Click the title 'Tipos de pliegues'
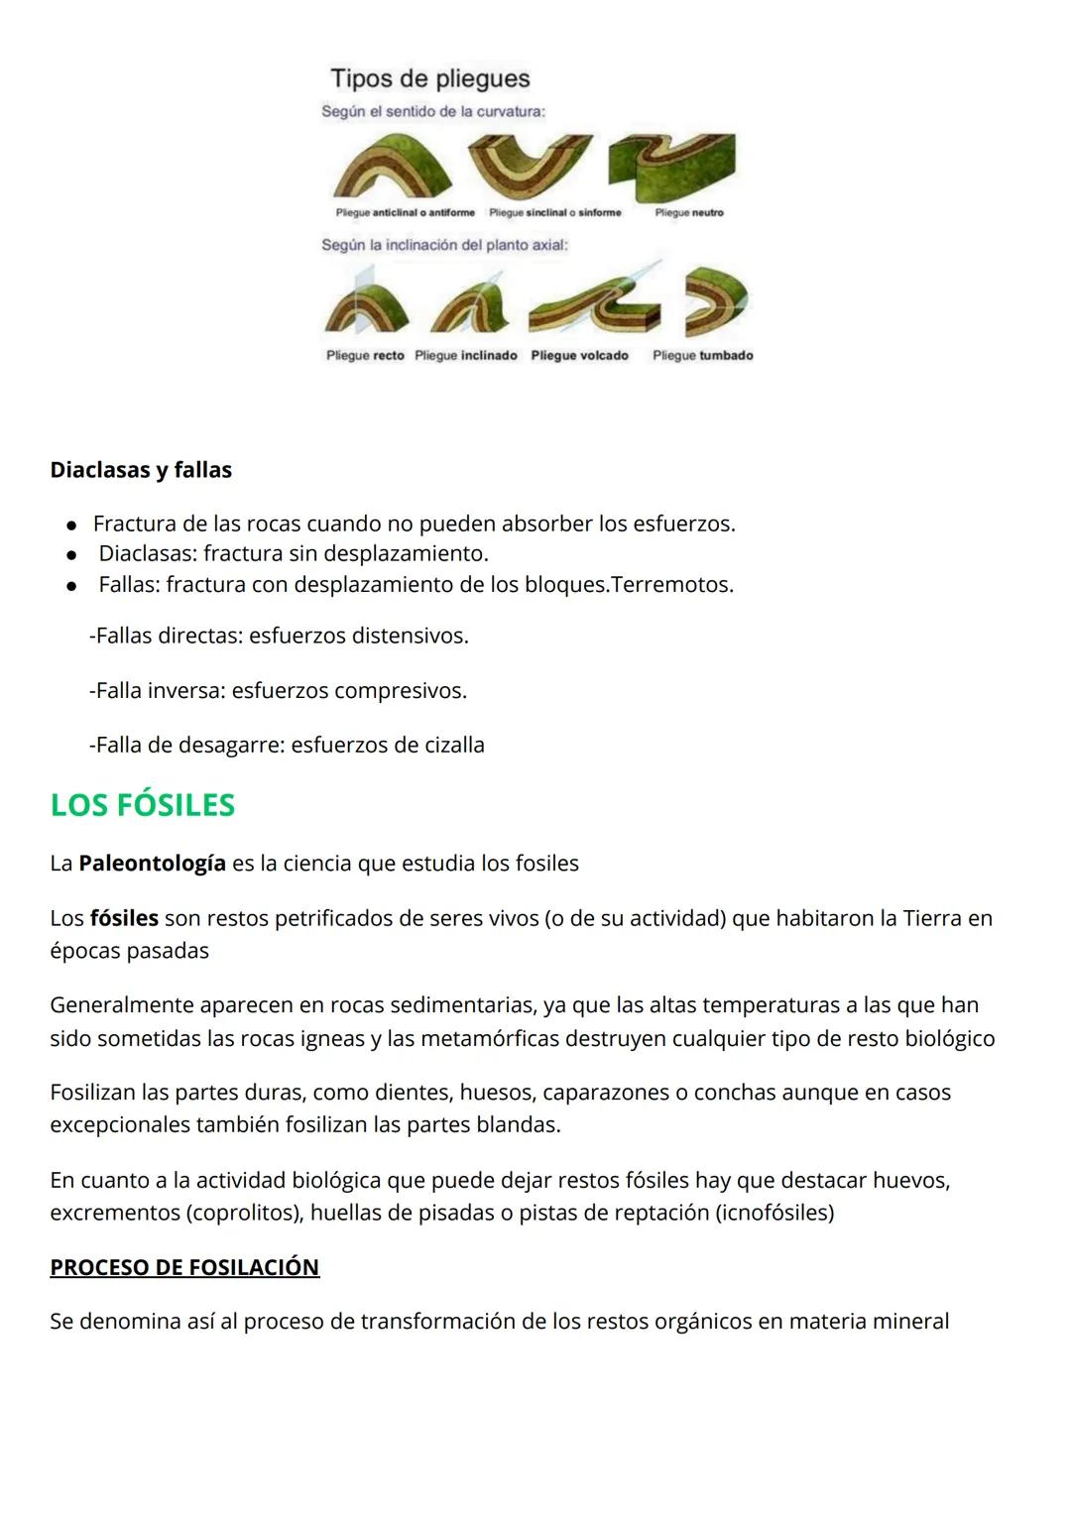429,78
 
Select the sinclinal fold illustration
529,165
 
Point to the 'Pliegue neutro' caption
689,212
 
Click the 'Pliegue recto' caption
365,355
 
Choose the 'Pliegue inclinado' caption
466,355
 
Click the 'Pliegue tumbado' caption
703,355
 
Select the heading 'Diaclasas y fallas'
141,470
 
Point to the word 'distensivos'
408,636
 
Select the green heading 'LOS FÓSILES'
143,805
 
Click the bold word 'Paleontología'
152,864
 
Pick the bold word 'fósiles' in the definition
124,919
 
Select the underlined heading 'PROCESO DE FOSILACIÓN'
184,1268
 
